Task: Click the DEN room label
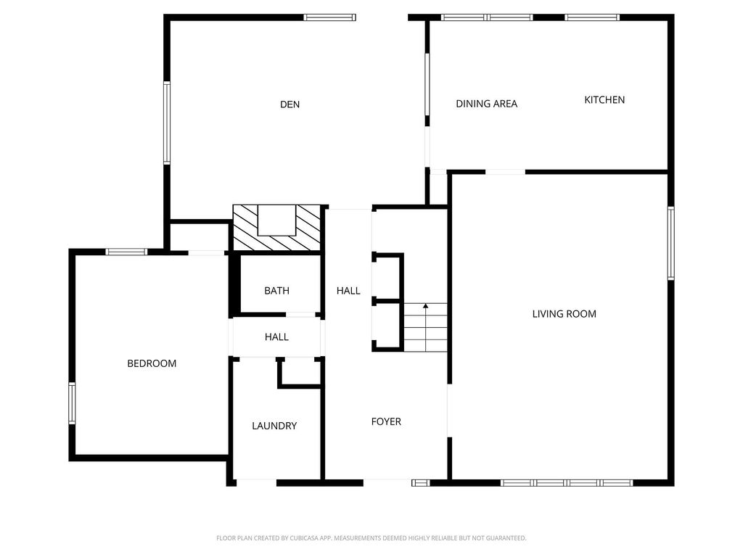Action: point(290,104)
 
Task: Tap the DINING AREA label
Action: point(486,104)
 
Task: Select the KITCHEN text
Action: point(604,99)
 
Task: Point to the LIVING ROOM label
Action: point(564,313)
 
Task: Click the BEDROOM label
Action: point(152,363)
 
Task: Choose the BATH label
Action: point(276,290)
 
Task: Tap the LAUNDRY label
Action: point(274,426)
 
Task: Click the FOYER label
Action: point(386,421)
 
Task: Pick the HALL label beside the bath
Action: point(348,290)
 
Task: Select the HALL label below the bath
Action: point(276,337)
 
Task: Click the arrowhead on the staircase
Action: point(425,307)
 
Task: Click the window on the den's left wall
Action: point(167,123)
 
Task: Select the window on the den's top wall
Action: point(329,17)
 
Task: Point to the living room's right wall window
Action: point(671,243)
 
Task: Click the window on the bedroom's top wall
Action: point(126,252)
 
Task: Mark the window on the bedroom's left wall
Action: point(72,403)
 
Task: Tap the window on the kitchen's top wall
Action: point(592,17)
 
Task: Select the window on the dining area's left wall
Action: point(427,84)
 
